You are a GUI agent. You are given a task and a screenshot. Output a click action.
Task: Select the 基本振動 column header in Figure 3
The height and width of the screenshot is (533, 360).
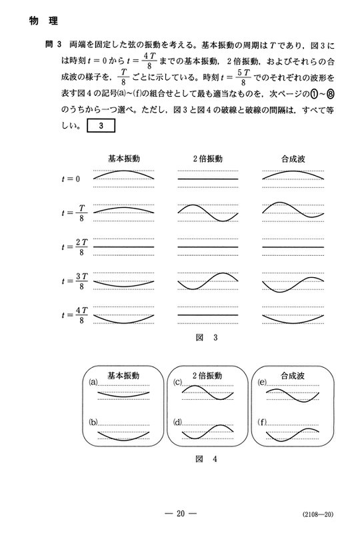(124, 159)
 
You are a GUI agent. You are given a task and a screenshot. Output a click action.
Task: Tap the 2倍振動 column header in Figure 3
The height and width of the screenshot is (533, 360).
(207, 159)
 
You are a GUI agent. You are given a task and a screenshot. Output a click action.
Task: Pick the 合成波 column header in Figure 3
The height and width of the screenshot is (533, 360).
(293, 159)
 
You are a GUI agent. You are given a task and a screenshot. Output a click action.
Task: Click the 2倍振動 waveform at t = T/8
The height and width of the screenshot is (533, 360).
(207, 213)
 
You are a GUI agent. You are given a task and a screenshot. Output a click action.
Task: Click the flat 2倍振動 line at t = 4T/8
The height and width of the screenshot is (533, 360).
(207, 314)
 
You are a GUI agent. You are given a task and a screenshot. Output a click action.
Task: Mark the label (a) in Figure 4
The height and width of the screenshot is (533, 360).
(93, 383)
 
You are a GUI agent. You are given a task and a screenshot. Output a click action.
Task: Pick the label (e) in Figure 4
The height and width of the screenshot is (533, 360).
(261, 383)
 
